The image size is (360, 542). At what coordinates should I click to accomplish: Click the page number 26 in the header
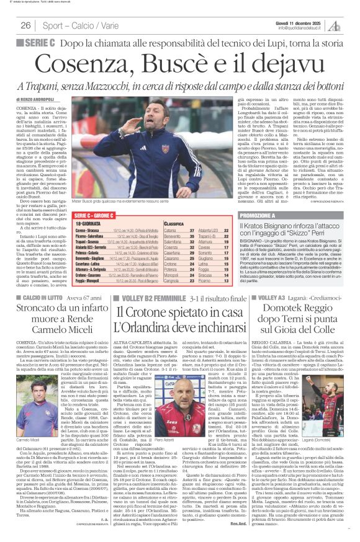point(25,25)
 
